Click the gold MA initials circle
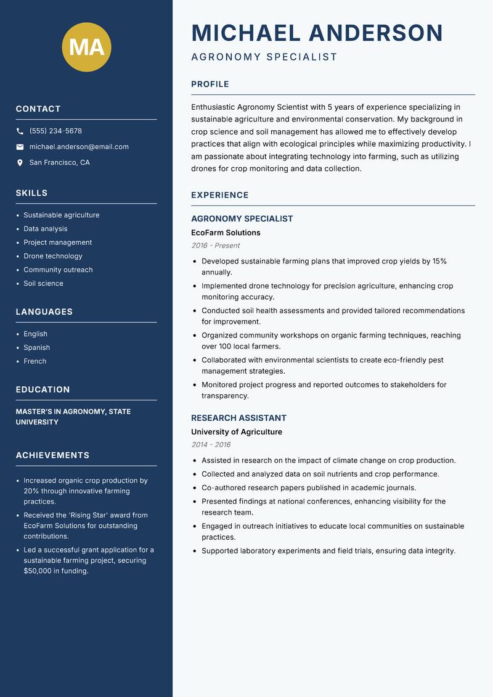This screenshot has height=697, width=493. [x=86, y=47]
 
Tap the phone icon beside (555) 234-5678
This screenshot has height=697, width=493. [x=20, y=131]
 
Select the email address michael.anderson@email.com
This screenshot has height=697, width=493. [x=79, y=147]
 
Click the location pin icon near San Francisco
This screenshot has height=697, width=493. [x=20, y=163]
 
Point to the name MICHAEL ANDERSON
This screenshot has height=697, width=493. [x=317, y=33]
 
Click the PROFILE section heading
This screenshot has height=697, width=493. [x=210, y=85]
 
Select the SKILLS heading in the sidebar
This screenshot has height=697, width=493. [x=31, y=193]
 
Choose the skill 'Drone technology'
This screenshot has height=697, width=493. [x=52, y=256]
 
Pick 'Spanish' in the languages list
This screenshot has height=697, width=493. [x=36, y=348]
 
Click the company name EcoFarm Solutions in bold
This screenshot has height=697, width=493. [x=226, y=233]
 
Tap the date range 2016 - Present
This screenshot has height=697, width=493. [x=215, y=245]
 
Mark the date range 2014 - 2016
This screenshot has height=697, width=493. [x=210, y=445]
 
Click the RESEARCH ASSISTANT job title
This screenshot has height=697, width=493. [x=238, y=418]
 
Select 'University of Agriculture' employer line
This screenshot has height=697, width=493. [x=236, y=432]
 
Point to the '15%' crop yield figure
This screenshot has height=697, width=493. [x=439, y=262]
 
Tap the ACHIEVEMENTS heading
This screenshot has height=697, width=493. [x=52, y=455]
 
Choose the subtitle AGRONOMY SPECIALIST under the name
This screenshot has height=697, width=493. [x=264, y=57]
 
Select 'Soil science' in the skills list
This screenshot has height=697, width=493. [x=43, y=284]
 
